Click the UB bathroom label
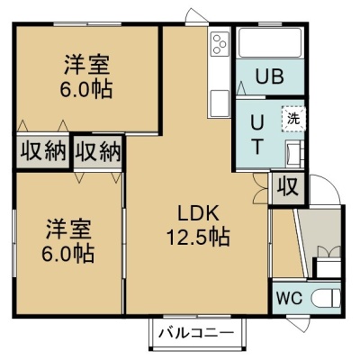[269, 76]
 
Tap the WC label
[289, 298]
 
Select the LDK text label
[198, 214]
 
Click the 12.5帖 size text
[198, 237]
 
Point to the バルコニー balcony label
[196, 333]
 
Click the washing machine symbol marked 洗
[293, 119]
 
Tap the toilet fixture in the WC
[326, 298]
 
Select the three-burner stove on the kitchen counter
[219, 44]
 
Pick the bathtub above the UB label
[269, 42]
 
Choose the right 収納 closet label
[98, 151]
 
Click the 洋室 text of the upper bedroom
[86, 65]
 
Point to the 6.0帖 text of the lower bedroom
[68, 253]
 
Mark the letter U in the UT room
[256, 122]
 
